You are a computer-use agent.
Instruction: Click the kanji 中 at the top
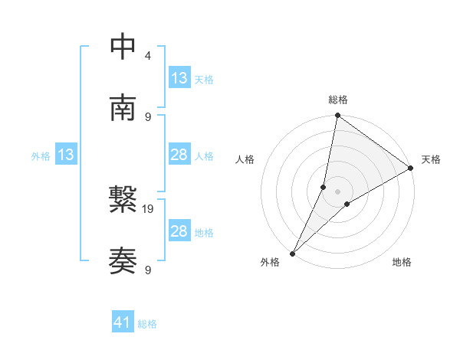pos(123,47)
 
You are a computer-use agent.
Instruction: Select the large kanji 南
pos(123,108)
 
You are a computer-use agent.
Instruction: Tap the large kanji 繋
pos(123,200)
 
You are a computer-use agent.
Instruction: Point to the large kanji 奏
pos(123,261)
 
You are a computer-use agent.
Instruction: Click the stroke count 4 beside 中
pos(147,55)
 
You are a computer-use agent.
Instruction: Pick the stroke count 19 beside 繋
pos(149,208)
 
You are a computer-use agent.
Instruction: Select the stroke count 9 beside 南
pos(147,116)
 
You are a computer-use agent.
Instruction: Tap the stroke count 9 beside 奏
pos(147,270)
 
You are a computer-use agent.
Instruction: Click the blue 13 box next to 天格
pos(179,78)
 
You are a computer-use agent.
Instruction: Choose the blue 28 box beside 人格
pos(179,155)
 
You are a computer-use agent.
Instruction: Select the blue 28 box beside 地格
pos(179,231)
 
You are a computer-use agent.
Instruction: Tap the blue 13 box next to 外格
pos(66,155)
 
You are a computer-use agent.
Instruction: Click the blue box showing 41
pos(123,323)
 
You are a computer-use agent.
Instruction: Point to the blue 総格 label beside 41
pos(147,324)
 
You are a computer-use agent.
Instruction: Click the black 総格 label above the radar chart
pos(338,100)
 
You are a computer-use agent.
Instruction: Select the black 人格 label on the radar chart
pos(245,159)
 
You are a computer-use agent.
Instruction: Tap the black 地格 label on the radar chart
pos(402,262)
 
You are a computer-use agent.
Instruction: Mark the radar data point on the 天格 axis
pos(411,169)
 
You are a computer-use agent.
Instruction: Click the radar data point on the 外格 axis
pos(292,253)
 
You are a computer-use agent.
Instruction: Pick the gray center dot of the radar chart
pos(338,191)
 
